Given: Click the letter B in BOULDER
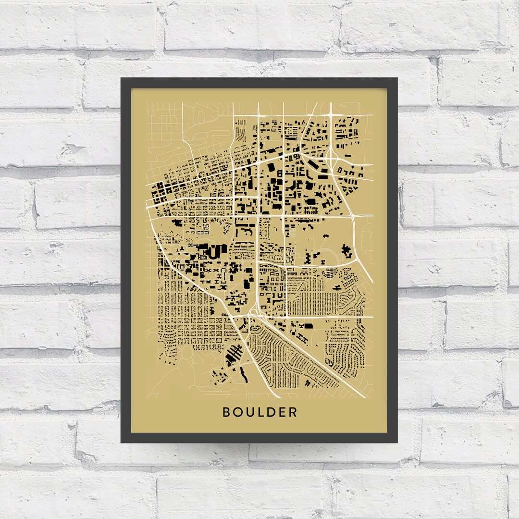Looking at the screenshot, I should (x=226, y=412).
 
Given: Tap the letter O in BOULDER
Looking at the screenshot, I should (x=237, y=412).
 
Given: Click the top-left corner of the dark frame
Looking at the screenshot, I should (x=122, y=79).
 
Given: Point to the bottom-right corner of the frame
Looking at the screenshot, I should (x=396, y=442).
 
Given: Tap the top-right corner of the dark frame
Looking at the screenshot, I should (x=396, y=79).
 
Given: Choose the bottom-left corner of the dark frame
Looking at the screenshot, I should (x=122, y=442).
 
